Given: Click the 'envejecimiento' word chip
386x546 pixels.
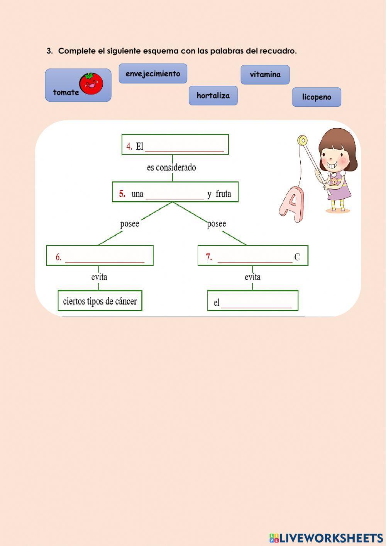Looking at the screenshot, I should pos(153,73).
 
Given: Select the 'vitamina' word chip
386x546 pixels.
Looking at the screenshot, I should pos(265,75).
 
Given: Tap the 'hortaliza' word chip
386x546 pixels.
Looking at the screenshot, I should pos(213,95).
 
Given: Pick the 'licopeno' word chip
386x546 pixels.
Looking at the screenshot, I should pos(317,97).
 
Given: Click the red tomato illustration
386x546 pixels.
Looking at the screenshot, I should pos(91,83).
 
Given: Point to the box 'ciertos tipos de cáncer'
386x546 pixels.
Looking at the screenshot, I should pos(100,301).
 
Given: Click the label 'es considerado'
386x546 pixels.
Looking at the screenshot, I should pos(171,168).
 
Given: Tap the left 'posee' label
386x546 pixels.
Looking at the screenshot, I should pos(130,224).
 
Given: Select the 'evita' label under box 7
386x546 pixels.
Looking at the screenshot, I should pos(252,277).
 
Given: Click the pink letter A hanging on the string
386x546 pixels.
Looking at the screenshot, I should pos(292,204).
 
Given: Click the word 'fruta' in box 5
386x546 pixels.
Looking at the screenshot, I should pos(223,194).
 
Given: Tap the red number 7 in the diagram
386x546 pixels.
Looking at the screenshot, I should pos(209,257).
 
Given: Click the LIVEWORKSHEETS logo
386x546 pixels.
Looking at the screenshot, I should pos(326,537).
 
